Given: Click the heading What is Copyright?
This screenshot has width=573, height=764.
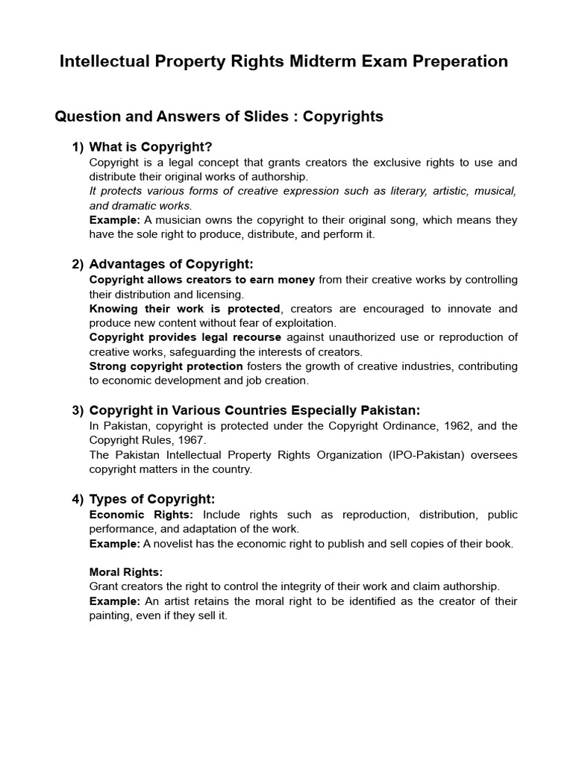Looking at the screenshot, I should tap(156, 147).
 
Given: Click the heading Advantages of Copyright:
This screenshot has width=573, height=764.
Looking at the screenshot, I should tap(171, 264).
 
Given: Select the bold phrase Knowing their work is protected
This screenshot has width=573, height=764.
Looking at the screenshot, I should tap(184, 308).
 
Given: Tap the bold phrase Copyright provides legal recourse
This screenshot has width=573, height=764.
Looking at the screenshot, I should tap(185, 337).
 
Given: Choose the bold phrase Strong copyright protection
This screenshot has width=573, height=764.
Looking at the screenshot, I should tap(166, 366).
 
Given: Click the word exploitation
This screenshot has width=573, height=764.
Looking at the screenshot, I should tap(304, 322).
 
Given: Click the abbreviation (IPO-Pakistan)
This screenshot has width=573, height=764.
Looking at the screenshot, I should tap(412, 454).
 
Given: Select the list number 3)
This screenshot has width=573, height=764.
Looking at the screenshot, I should tap(78, 410).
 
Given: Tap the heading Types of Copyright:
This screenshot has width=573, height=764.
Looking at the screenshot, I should tap(151, 499).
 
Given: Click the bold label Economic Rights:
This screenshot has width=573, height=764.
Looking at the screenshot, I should tap(141, 514).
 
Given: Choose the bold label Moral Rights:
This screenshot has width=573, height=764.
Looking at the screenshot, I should tap(125, 572).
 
